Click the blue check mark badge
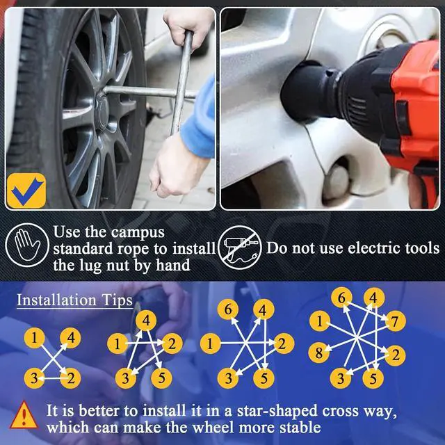(x=26, y=191)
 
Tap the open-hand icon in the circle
(x=27, y=245)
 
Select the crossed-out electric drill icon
(x=241, y=248)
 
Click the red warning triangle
(x=24, y=415)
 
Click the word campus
(x=138, y=233)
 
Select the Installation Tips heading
(x=74, y=300)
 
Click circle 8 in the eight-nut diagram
(x=318, y=353)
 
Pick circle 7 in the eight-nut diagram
(x=395, y=321)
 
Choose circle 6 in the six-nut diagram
(x=228, y=309)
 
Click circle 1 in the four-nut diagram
(x=35, y=338)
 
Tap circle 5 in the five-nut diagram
(x=161, y=378)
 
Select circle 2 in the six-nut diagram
(x=282, y=343)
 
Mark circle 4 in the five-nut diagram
(x=146, y=321)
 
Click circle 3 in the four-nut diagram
(x=35, y=378)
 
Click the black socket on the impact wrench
(x=308, y=91)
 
